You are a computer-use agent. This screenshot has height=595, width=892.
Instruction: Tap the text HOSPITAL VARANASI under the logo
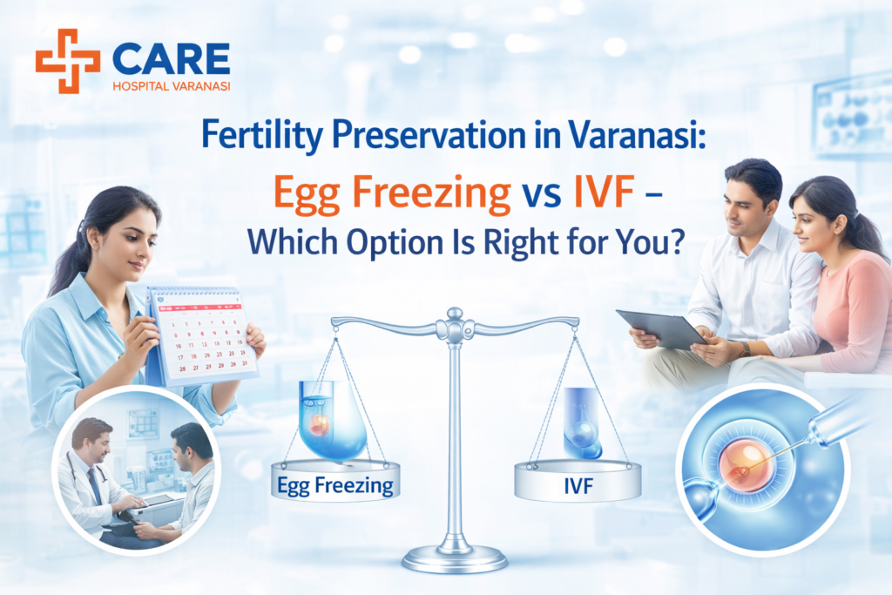click(171, 86)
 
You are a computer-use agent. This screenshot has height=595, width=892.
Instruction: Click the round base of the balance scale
click(454, 557)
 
